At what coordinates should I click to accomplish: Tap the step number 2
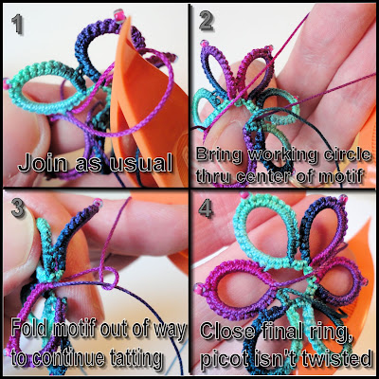(x=206, y=21)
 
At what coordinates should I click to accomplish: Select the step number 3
(x=18, y=208)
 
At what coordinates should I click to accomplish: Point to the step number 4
(x=206, y=208)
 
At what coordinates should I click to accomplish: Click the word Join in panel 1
(x=42, y=164)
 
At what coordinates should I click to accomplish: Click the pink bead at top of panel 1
(x=119, y=15)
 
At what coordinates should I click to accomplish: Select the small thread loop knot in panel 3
(x=109, y=277)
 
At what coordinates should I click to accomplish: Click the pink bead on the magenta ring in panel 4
(x=199, y=288)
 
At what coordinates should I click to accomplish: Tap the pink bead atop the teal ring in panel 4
(x=244, y=195)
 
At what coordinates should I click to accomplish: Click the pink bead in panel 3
(x=98, y=203)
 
